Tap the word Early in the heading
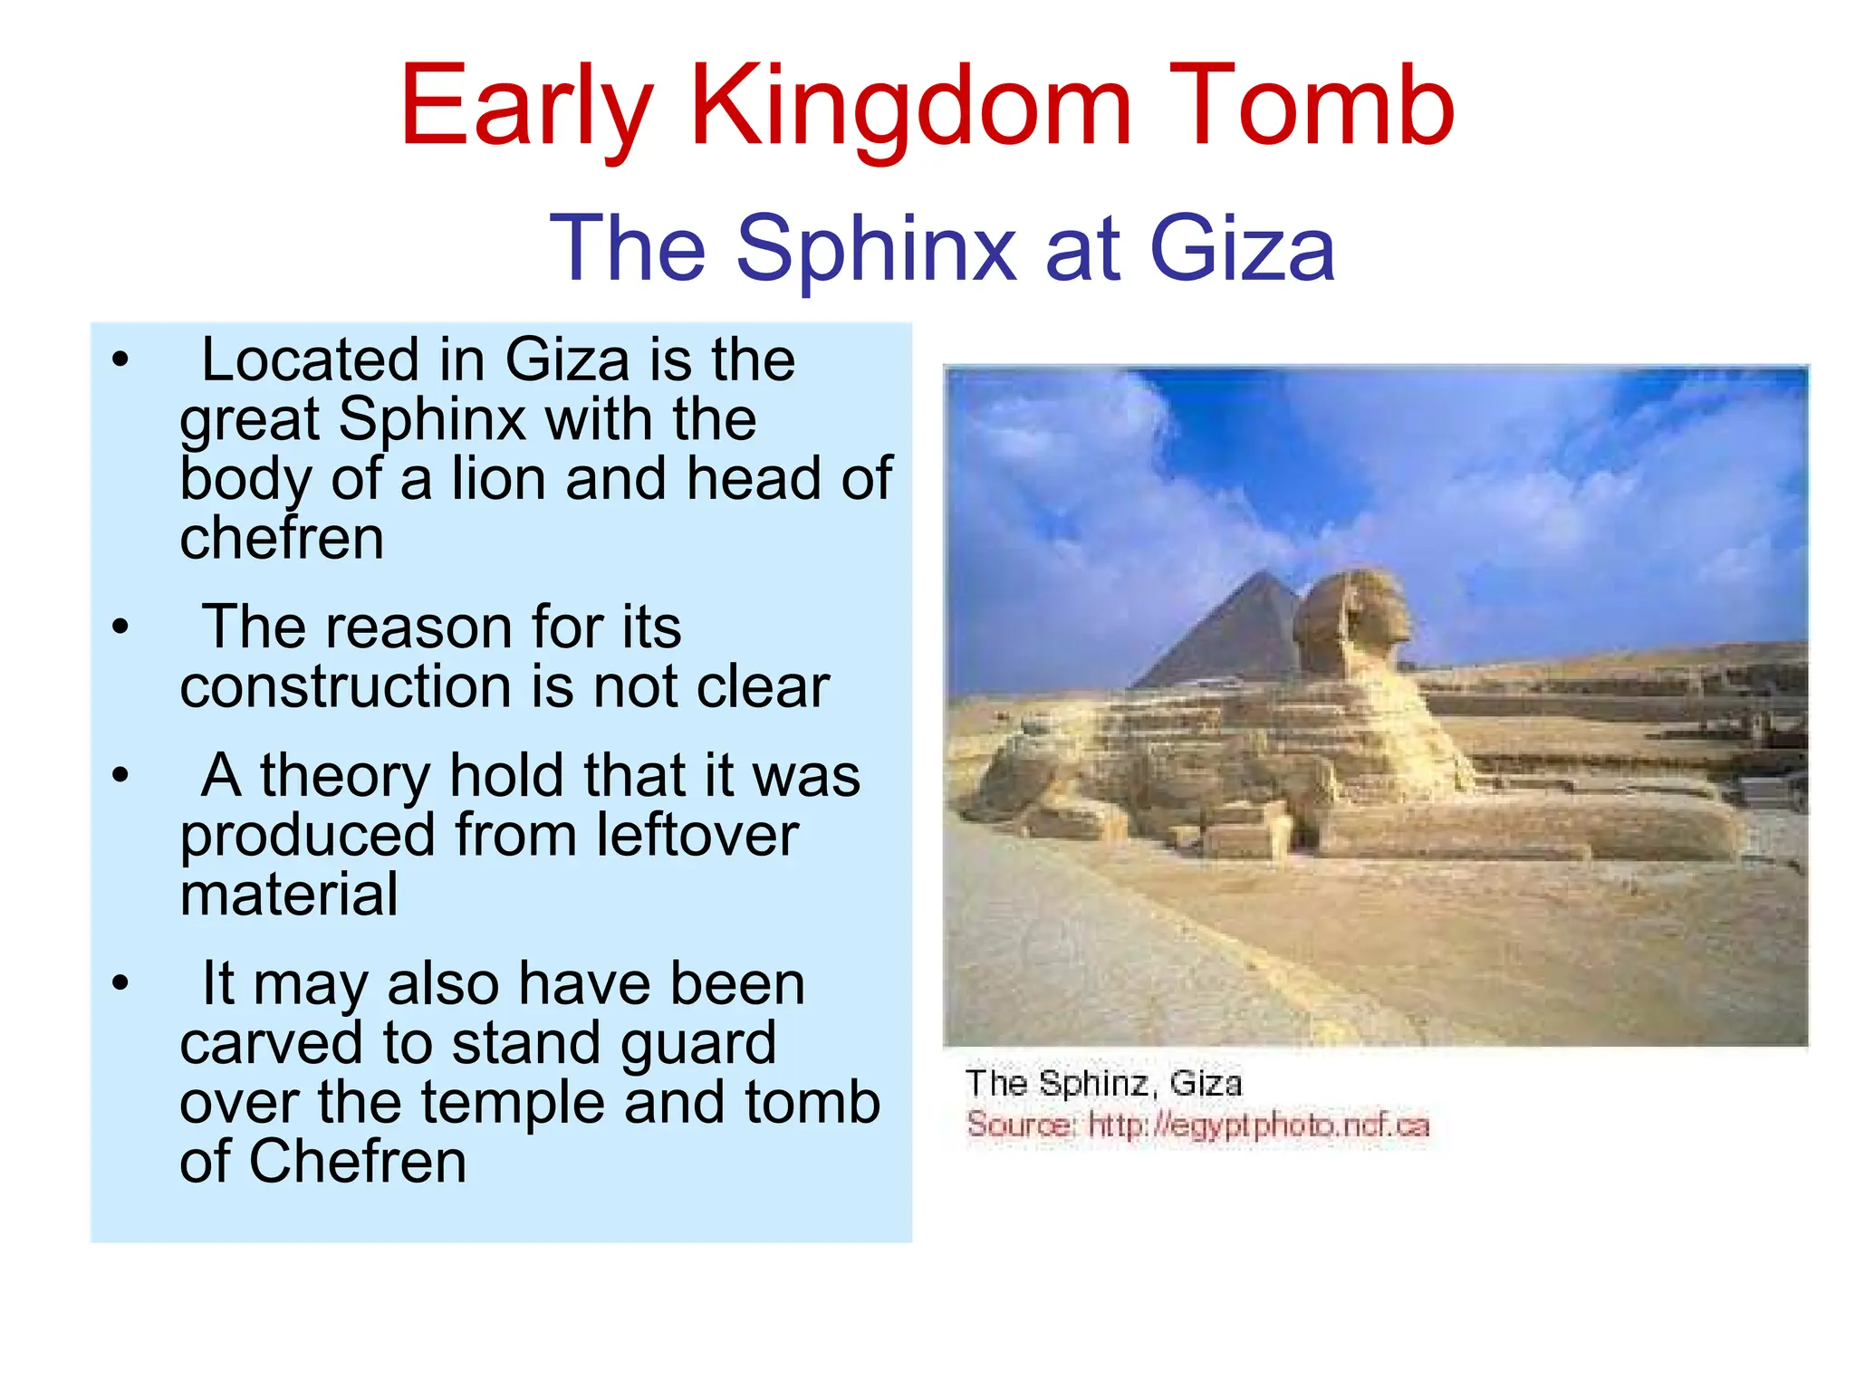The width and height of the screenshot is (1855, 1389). (526, 107)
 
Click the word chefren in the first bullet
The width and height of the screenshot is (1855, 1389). (282, 539)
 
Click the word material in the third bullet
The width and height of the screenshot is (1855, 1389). (289, 895)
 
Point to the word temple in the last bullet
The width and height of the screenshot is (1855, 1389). (513, 1103)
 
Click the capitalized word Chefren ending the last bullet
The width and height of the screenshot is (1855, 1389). (357, 1162)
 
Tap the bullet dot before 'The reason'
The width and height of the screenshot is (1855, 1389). (120, 627)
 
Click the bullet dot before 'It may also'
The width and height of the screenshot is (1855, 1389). (120, 983)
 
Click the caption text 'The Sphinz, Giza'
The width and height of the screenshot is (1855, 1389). (1102, 1084)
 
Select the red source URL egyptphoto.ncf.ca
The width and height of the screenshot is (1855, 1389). (1258, 1126)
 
